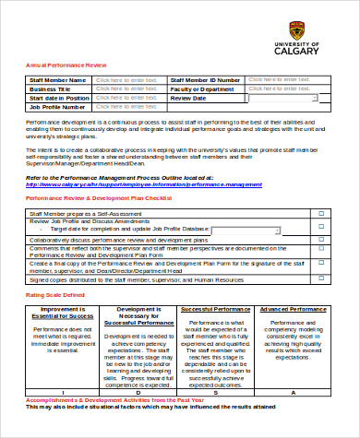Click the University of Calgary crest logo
point(296,28)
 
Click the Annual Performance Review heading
point(66,65)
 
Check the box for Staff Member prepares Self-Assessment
point(320,213)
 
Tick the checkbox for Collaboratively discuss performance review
point(320,239)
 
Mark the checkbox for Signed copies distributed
point(320,278)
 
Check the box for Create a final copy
point(320,266)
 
